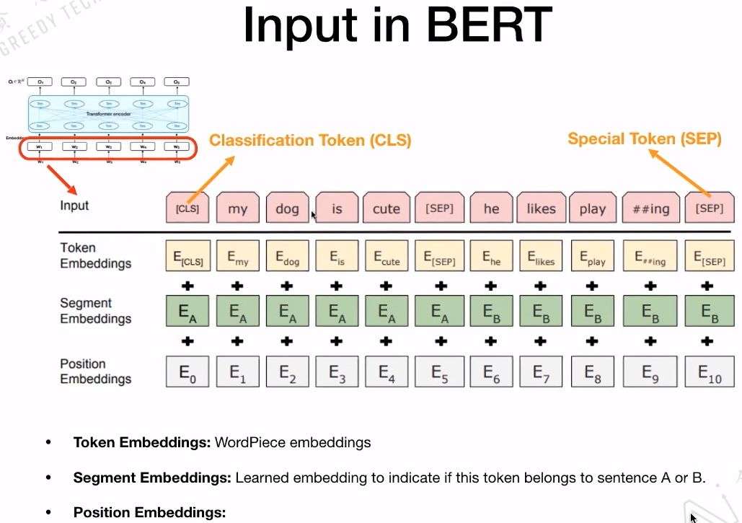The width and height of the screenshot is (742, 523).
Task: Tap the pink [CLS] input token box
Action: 187,208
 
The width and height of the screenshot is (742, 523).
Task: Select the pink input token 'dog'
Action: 287,208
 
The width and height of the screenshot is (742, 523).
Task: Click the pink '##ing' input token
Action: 650,208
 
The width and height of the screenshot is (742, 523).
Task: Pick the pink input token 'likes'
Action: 541,208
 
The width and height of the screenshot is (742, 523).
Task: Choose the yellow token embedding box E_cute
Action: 386,257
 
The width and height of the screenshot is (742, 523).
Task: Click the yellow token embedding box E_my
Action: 237,257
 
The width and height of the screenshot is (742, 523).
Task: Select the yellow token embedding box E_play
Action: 592,257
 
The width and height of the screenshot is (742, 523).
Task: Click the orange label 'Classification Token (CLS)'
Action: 310,141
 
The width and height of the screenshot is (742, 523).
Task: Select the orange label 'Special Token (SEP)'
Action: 644,139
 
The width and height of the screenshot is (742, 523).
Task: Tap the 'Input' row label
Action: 74,206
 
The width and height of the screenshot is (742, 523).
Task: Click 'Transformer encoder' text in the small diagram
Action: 108,114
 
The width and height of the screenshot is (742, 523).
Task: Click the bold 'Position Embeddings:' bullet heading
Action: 149,512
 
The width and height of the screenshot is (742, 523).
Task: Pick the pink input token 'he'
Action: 491,208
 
